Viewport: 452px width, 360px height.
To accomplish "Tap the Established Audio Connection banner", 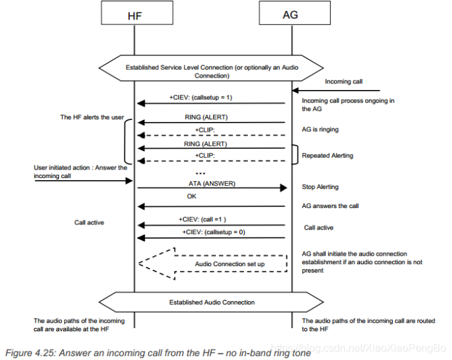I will [x=213, y=302].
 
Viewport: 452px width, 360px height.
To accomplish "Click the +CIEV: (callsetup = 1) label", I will [x=200, y=97].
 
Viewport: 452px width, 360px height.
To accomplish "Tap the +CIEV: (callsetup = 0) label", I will [x=213, y=232].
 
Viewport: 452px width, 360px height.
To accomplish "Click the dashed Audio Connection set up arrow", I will [x=215, y=263].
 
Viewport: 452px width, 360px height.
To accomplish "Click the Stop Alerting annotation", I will [x=320, y=187].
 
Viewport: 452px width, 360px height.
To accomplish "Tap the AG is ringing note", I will [x=320, y=129].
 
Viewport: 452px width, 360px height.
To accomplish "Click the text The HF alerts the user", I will [x=92, y=117].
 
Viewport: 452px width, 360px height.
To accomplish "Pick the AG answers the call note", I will [x=330, y=206].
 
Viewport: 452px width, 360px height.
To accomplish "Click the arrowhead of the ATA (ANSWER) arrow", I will [x=284, y=188].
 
